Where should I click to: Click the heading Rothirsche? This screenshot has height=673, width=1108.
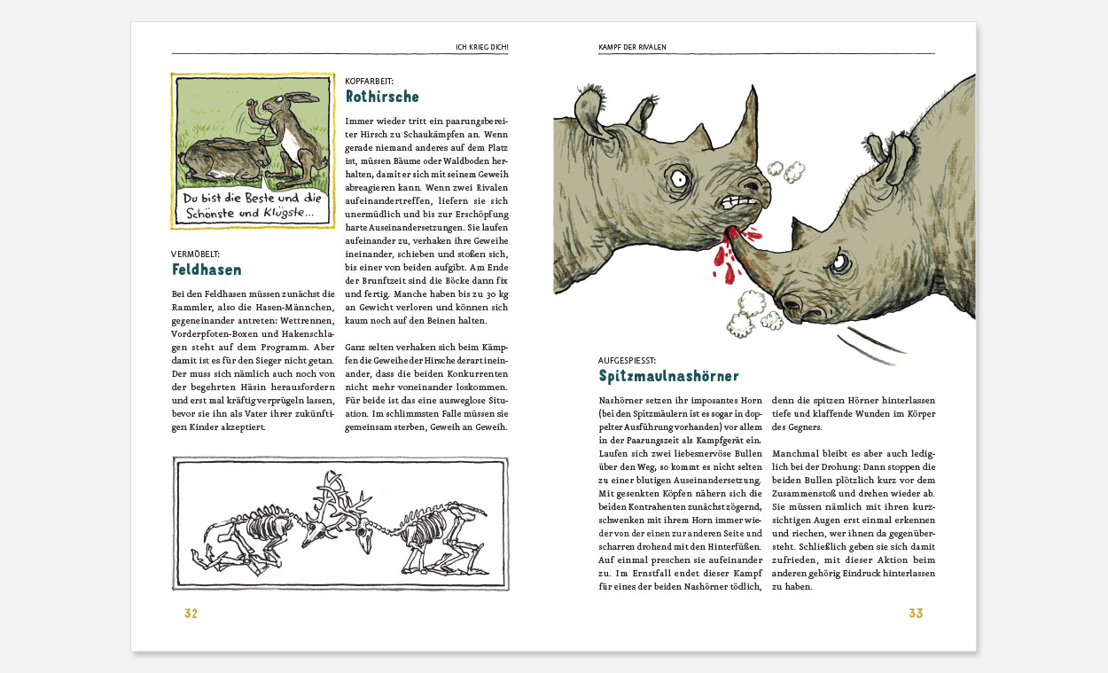coord(382,97)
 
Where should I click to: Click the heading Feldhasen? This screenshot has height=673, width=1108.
coord(207,270)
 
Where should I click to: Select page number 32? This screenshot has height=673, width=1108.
coord(191,614)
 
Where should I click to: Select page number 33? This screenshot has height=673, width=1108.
coord(916,614)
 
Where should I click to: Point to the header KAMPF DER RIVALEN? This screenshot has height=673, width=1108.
coord(633,46)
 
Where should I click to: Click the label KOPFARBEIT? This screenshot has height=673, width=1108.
coord(369,81)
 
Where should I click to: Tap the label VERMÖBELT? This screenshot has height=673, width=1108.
coord(196,254)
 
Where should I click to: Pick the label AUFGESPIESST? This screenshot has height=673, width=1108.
coord(627,361)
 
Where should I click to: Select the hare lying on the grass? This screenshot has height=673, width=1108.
coord(222,160)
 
